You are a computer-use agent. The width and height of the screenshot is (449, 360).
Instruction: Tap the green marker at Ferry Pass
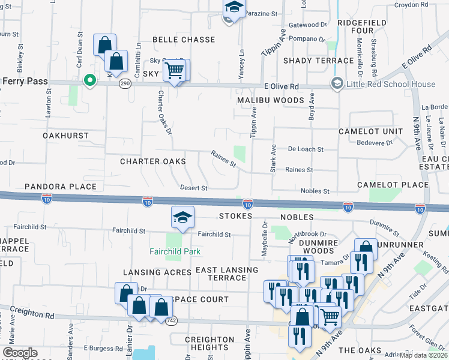(x=90, y=80)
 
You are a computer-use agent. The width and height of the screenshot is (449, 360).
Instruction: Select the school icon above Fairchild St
(x=183, y=219)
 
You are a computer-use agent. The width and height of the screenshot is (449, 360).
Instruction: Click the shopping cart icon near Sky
(x=174, y=71)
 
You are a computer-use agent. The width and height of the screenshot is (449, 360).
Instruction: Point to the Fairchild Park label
(x=175, y=251)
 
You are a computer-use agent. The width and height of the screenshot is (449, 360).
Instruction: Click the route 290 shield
(x=125, y=83)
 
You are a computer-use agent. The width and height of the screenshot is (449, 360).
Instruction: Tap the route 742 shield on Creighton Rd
(x=170, y=321)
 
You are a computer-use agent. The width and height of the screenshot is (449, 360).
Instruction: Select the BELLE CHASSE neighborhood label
(x=183, y=40)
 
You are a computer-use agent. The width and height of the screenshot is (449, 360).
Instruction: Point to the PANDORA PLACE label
(x=61, y=187)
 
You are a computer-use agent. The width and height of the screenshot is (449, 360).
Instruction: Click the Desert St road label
(x=193, y=188)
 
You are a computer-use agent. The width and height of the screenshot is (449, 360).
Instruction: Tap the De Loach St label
(x=306, y=149)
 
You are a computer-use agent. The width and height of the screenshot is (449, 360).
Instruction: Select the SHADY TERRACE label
(x=318, y=61)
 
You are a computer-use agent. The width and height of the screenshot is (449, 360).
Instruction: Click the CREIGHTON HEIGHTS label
(x=209, y=343)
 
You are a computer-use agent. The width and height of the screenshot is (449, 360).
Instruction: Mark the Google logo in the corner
(x=20, y=353)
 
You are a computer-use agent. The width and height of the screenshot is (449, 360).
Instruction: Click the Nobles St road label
(x=315, y=191)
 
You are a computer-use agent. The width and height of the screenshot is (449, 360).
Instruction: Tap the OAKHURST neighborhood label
(x=65, y=136)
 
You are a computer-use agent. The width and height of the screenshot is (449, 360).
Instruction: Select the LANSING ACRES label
(x=157, y=272)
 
